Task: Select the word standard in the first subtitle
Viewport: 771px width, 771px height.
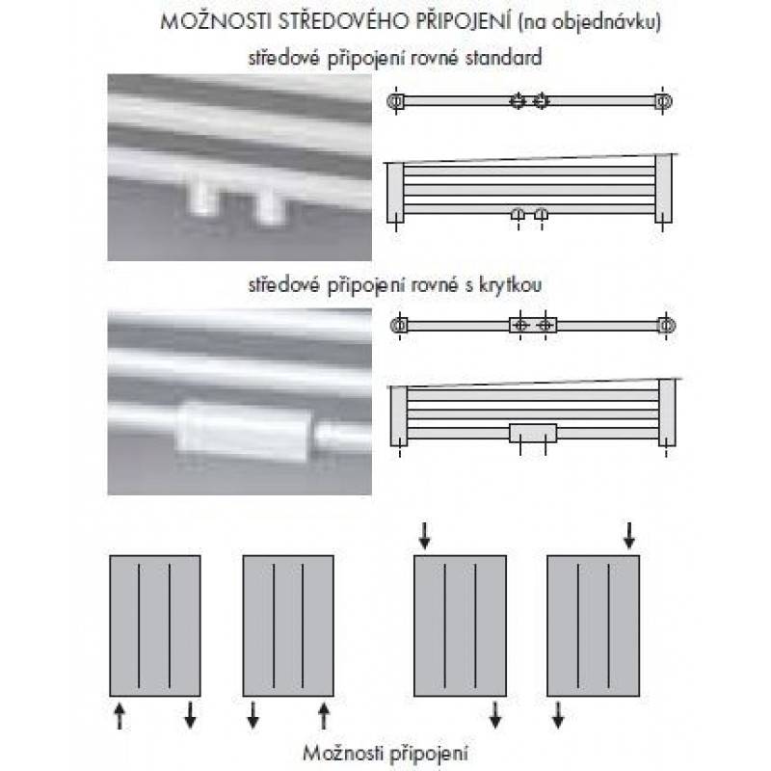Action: point(503,58)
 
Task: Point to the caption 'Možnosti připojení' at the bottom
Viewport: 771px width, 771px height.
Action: point(385,754)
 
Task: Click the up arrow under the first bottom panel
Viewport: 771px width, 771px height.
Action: point(120,715)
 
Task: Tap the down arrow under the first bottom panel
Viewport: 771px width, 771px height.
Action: point(190,715)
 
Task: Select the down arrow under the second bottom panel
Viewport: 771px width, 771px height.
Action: point(253,715)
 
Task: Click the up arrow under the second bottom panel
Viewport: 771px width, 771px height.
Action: point(324,715)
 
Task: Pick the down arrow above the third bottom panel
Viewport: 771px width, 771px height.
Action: point(425,536)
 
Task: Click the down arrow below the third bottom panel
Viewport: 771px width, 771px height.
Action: point(495,715)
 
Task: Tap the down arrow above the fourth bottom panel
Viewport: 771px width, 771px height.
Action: point(629,536)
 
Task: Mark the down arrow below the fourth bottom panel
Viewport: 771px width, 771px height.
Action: point(558,715)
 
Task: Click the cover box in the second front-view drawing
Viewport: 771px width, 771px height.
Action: point(533,433)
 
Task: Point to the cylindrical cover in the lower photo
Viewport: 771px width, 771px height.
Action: point(244,432)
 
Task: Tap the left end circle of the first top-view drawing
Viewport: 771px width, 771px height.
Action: point(395,102)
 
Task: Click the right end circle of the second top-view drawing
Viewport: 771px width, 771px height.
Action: point(667,326)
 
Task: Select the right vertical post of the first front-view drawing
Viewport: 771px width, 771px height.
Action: point(663,189)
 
